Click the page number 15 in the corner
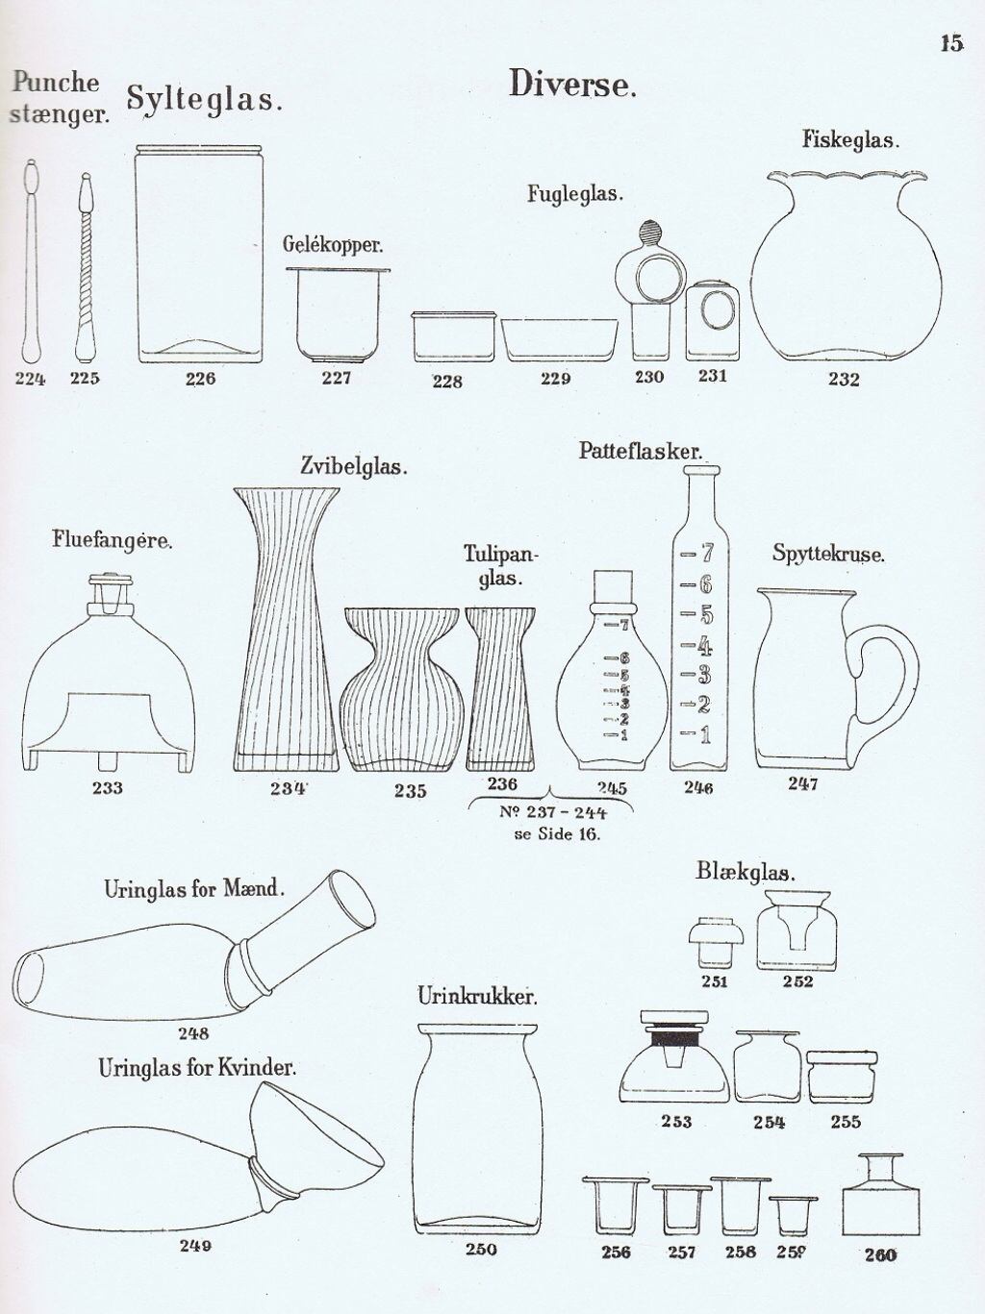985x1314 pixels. [951, 43]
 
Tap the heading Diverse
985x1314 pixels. [571, 84]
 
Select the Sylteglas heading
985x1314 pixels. [204, 99]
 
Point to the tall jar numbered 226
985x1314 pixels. [199, 254]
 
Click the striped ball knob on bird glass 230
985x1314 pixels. [649, 232]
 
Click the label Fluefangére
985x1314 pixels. [112, 541]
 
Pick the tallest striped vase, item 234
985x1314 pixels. [286, 629]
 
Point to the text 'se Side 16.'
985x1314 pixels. [556, 834]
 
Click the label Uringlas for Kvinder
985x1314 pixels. [197, 1069]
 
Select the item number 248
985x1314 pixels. [193, 1033]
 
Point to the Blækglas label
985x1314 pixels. [745, 872]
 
